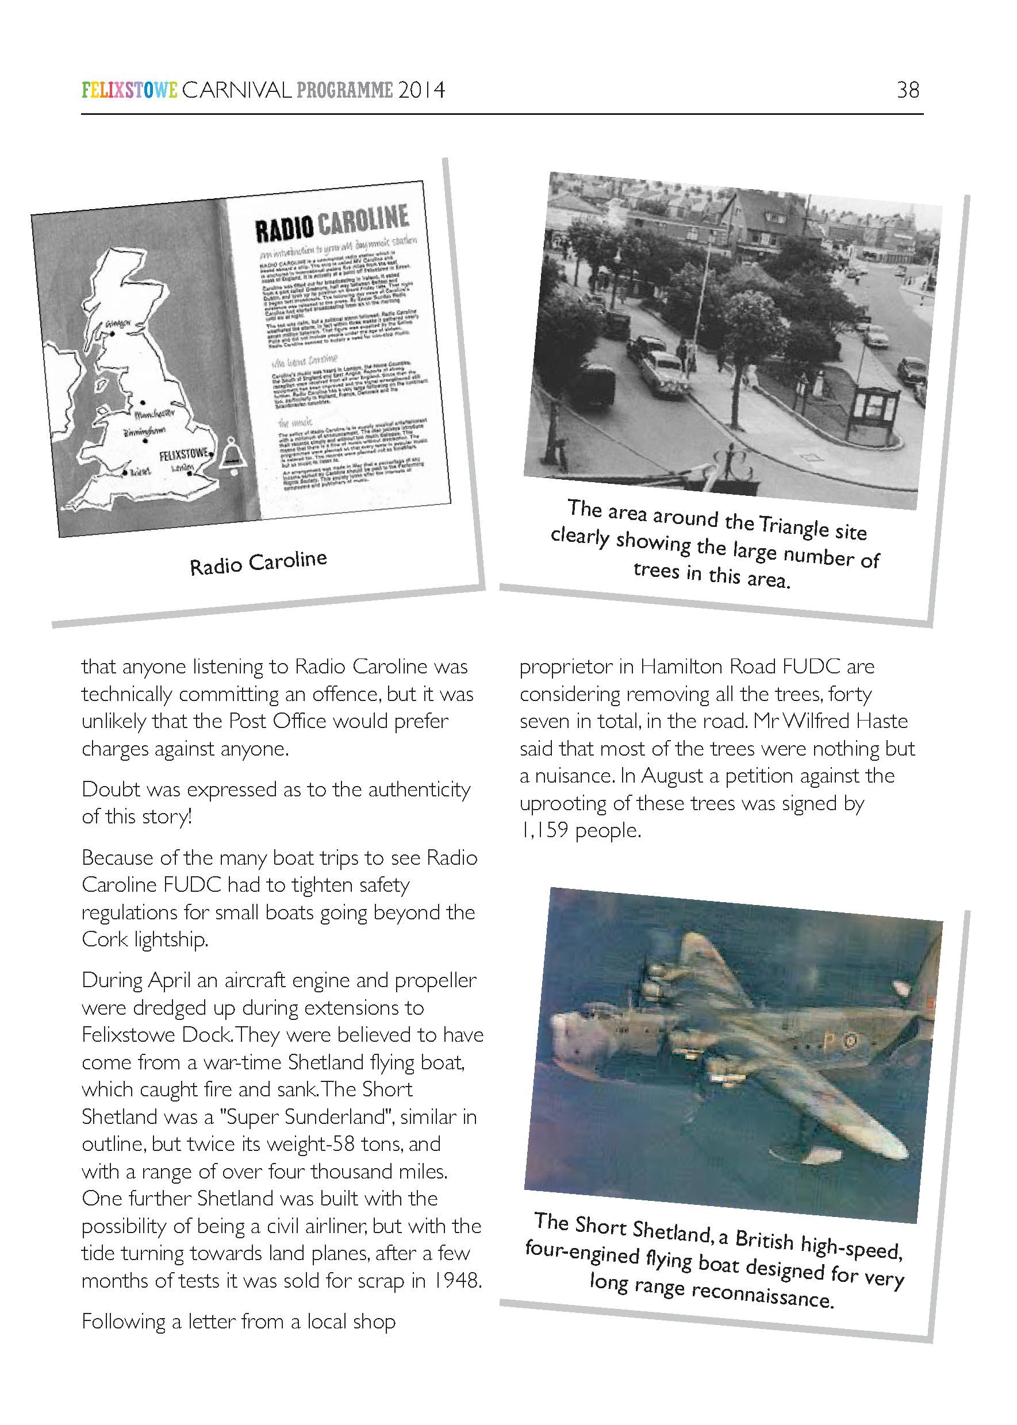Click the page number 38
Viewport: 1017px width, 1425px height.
click(x=907, y=90)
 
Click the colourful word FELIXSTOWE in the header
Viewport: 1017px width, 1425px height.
click(x=129, y=91)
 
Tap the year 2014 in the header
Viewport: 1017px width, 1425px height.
click(x=421, y=91)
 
